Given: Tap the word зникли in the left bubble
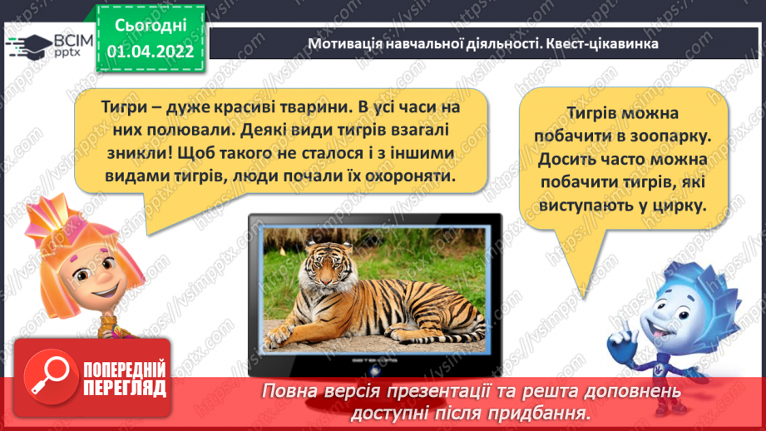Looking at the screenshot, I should pyautogui.click(x=127, y=156).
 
